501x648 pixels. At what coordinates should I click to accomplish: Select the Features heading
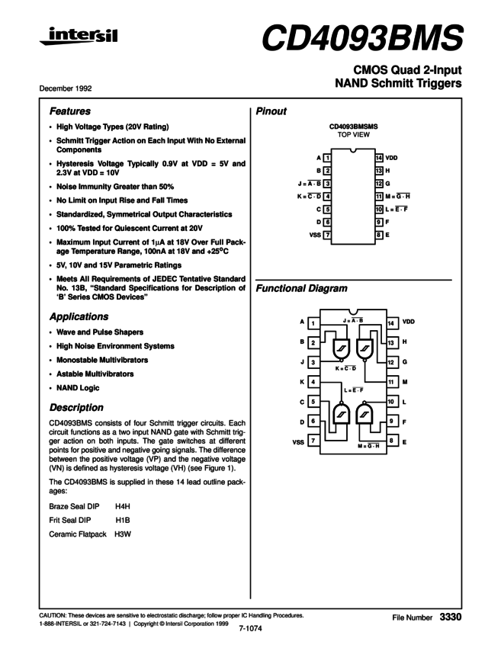(x=69, y=111)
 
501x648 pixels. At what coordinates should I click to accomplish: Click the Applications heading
(x=78, y=316)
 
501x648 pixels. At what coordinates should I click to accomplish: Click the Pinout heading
(x=271, y=111)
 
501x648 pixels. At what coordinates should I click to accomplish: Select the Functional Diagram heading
(x=302, y=289)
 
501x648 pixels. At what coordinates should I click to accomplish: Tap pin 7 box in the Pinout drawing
(x=326, y=235)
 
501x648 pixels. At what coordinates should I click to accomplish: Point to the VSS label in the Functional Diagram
(x=298, y=441)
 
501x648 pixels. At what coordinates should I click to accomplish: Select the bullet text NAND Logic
(x=79, y=388)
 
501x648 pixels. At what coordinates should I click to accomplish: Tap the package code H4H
(x=124, y=505)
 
